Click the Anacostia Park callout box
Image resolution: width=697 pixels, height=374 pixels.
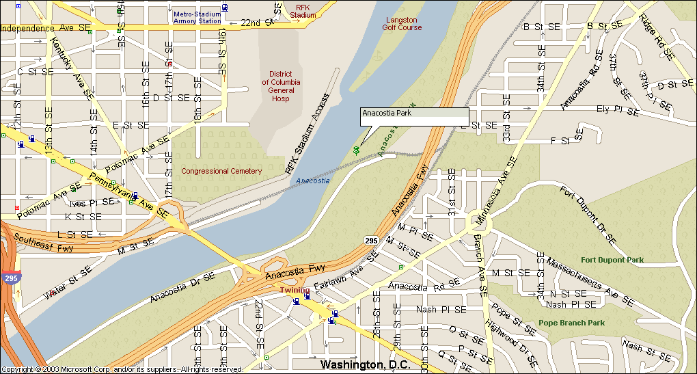[414, 117]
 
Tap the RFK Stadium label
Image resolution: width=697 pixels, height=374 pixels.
[303, 10]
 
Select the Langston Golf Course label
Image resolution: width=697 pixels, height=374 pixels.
[401, 24]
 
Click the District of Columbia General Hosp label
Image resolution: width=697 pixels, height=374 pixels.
[281, 86]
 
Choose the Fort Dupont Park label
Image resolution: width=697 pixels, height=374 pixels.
[612, 260]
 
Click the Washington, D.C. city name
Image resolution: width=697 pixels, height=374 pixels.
[365, 364]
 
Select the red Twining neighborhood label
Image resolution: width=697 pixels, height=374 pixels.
[295, 291]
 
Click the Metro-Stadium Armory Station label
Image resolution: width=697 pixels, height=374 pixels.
[197, 17]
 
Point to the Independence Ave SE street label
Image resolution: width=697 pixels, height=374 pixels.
[46, 28]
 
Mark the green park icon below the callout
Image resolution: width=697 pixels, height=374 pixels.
[356, 149]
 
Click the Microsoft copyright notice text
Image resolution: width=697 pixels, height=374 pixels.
[123, 369]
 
